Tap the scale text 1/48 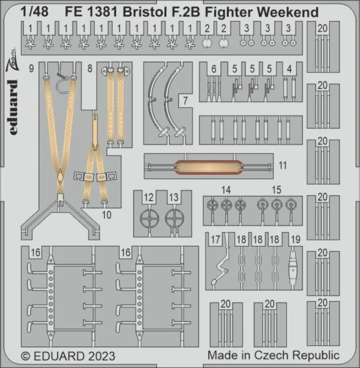pyautogui.click(x=34, y=12)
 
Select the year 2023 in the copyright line pyautogui.click(x=102, y=356)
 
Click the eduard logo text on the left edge pyautogui.click(x=13, y=107)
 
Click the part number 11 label pyautogui.click(x=283, y=166)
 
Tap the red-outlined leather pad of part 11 pyautogui.click(x=209, y=167)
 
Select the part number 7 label pyautogui.click(x=185, y=101)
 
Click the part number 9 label pyautogui.click(x=31, y=69)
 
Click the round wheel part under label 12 pyautogui.click(x=149, y=218)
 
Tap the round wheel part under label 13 pyautogui.click(x=174, y=218)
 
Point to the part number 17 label pyautogui.click(x=215, y=240)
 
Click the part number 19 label pyautogui.click(x=296, y=240)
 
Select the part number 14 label pyautogui.click(x=226, y=190)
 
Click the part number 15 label pyautogui.click(x=277, y=190)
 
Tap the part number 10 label pyautogui.click(x=107, y=215)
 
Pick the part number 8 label pyautogui.click(x=90, y=69)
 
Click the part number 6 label pyautogui.click(x=214, y=69)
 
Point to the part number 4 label pyautogui.click(x=289, y=69)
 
